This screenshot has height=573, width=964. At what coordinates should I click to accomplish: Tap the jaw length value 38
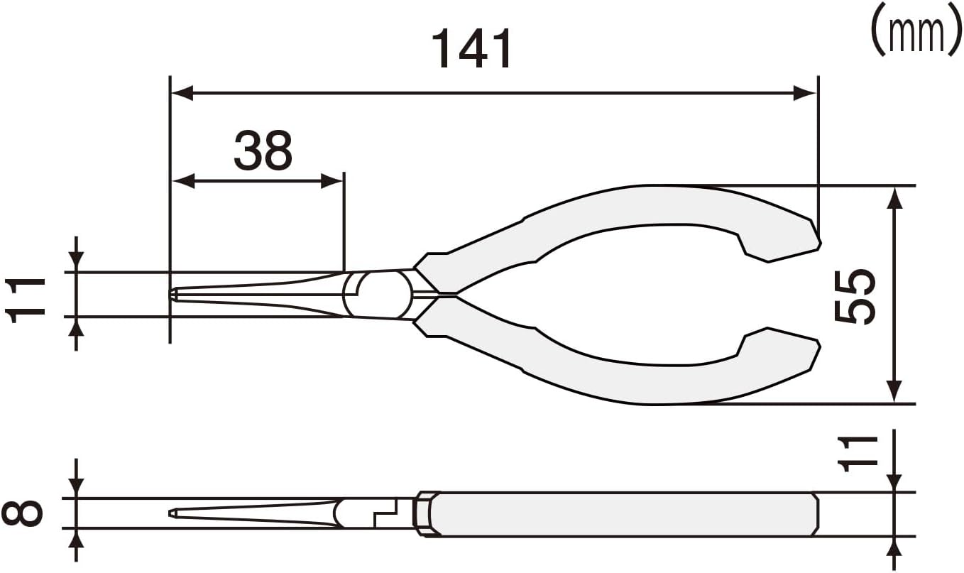(263, 151)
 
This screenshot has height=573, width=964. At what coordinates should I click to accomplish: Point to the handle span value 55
(854, 295)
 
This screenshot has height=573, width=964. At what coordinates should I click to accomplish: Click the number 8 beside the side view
(21, 513)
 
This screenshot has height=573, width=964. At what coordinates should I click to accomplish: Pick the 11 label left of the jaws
(26, 300)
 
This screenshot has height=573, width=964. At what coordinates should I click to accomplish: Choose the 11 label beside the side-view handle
(854, 452)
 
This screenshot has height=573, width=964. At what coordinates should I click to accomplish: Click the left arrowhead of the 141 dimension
(182, 92)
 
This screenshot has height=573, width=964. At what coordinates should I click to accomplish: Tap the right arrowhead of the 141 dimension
(806, 92)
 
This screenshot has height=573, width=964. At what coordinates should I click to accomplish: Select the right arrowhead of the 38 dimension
(334, 181)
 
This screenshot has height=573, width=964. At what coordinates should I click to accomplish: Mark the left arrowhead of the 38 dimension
(182, 181)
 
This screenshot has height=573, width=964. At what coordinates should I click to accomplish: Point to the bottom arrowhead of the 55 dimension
(894, 392)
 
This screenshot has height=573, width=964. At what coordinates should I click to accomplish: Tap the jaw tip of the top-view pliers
(172, 294)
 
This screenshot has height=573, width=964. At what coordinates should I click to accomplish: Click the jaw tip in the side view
(172, 513)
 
